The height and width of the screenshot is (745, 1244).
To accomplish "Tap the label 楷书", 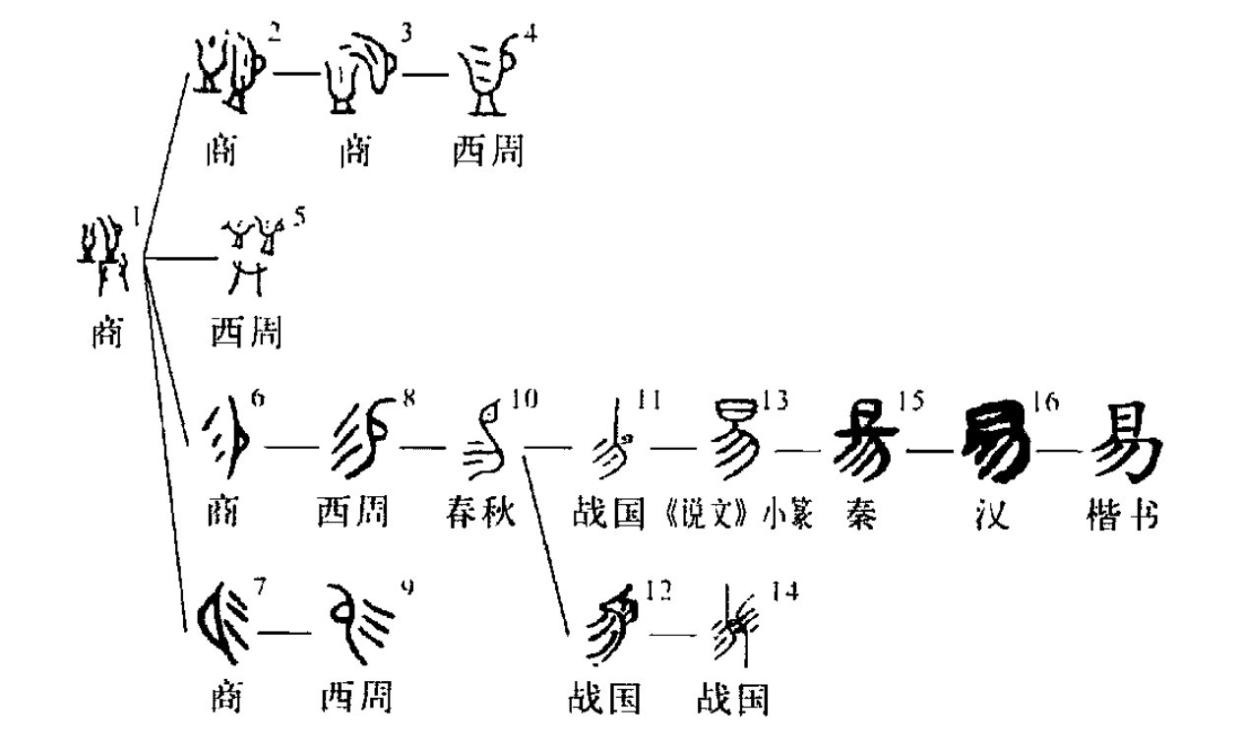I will coord(1124,514).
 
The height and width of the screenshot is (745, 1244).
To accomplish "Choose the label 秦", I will coord(864,514).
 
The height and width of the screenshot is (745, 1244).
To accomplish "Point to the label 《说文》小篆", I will coord(738,514).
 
